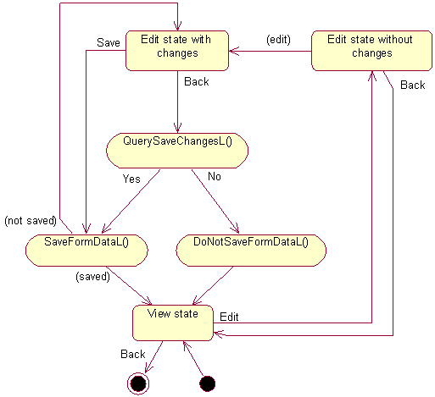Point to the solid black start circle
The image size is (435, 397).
coord(207,383)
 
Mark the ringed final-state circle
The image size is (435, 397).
coord(138,383)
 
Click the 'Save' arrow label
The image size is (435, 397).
coord(108,42)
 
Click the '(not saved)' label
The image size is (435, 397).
coord(30,220)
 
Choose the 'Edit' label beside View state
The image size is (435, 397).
coord(229,317)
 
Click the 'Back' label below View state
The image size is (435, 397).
coord(132,353)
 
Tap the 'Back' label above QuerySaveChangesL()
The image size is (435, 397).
coord(196,82)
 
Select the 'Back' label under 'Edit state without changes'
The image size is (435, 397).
coord(412,85)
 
